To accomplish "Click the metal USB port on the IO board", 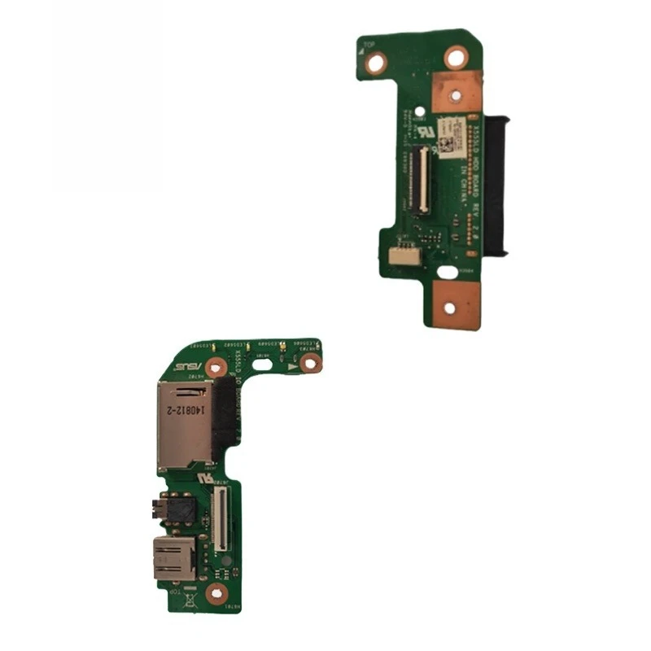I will (173, 557).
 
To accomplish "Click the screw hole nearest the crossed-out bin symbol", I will (216, 594).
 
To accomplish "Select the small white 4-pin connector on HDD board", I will (400, 256).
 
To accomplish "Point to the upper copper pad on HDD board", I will (457, 91).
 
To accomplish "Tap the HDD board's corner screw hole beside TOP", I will (375, 63).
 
